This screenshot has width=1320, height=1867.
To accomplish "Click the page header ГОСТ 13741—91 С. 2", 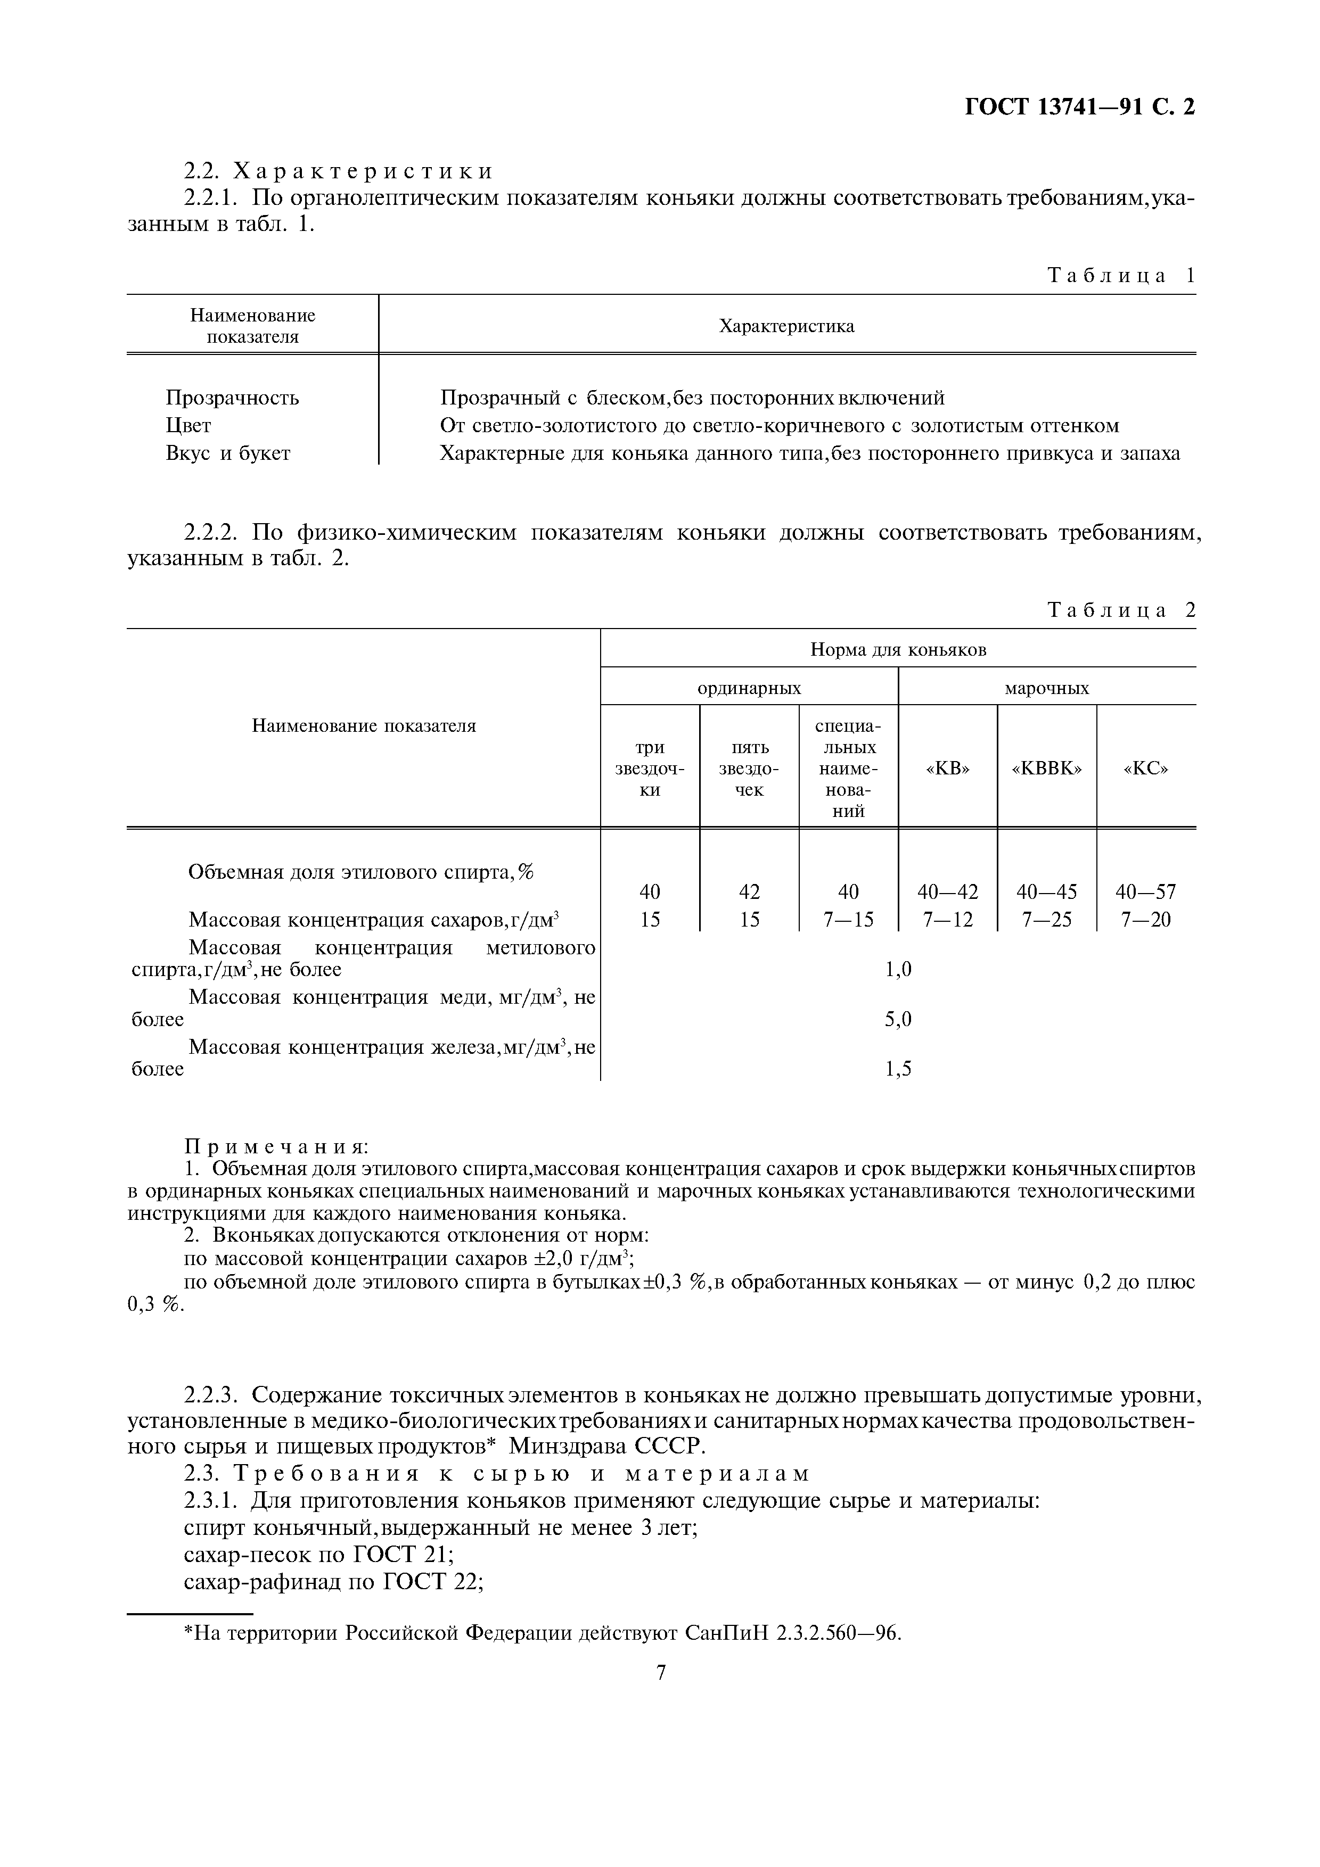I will pyautogui.click(x=1079, y=108).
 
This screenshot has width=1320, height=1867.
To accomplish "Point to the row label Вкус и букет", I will pyautogui.click(x=228, y=453).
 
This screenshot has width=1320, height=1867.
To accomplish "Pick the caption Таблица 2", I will pyautogui.click(x=1121, y=610).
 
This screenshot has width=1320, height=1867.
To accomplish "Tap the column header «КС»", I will pyautogui.click(x=1145, y=769).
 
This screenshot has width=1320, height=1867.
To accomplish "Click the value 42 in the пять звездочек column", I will pyautogui.click(x=749, y=892).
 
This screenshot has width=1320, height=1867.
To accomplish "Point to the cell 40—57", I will pyautogui.click(x=1145, y=892).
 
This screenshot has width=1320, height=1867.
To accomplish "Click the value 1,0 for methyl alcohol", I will pyautogui.click(x=898, y=969).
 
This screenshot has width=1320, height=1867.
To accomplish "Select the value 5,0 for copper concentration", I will pyautogui.click(x=898, y=1019).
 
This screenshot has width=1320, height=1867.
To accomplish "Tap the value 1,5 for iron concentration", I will pyautogui.click(x=898, y=1069).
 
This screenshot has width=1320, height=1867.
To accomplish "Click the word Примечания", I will pyautogui.click(x=276, y=1146).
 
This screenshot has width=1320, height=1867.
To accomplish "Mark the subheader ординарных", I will pyautogui.click(x=749, y=688).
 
